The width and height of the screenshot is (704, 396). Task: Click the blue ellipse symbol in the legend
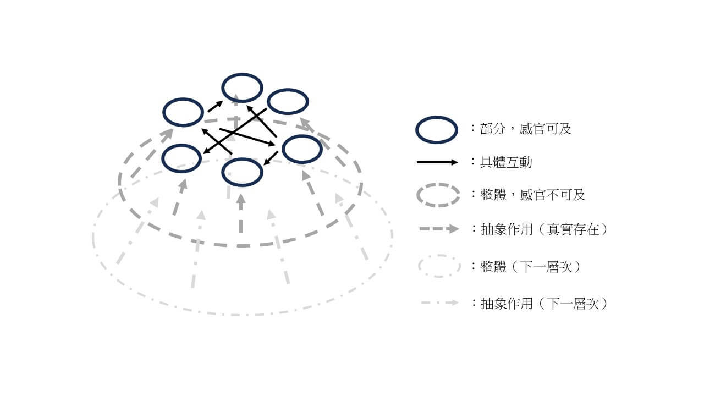[x=437, y=117]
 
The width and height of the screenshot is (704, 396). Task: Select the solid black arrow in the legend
[x=437, y=162]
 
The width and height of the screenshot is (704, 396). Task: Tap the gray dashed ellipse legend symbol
[x=438, y=184]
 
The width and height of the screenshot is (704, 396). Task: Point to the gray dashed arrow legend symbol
[x=439, y=229]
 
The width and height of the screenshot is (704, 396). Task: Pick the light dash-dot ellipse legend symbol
[x=439, y=256]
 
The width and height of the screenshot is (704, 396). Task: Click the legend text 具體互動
[x=506, y=162]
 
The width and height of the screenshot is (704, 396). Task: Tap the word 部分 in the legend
[x=492, y=129]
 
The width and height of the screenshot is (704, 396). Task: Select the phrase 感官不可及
[x=553, y=195]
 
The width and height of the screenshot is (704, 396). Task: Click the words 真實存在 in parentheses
[x=573, y=229]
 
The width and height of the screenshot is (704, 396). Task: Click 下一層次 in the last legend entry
[x=573, y=304]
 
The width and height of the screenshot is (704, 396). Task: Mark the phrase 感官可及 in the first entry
[x=546, y=129]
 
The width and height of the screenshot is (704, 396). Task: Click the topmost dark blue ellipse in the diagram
[x=242, y=74]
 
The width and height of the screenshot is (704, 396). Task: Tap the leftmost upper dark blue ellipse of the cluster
[x=183, y=99]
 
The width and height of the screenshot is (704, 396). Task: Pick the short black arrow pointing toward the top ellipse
[x=215, y=106]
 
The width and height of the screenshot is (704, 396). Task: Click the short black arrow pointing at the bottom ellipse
[x=271, y=158]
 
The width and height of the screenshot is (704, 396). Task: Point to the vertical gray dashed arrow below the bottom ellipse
[x=241, y=213]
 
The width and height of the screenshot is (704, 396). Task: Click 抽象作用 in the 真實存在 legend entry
[x=507, y=229]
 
